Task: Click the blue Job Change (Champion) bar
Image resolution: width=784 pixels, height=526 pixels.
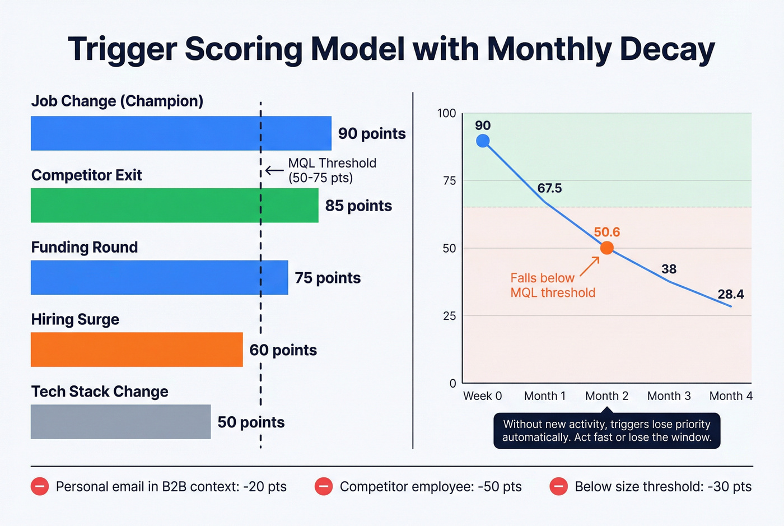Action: coord(180,133)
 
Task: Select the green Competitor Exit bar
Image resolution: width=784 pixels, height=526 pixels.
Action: coord(174,206)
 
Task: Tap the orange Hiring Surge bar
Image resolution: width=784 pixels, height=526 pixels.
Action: coord(137,350)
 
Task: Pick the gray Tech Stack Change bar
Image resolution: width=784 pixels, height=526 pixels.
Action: coord(120,422)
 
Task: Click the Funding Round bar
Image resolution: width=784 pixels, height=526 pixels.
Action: coord(159,278)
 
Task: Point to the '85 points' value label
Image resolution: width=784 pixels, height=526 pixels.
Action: coord(358,206)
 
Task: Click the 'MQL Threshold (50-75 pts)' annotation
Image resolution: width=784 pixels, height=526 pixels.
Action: coord(332,170)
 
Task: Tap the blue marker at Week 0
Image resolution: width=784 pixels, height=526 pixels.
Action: coord(483,141)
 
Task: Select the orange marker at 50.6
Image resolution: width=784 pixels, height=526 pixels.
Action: coord(606,248)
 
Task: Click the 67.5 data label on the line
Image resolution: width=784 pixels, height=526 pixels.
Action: coord(549,188)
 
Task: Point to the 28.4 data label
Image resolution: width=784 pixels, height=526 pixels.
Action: coord(730,295)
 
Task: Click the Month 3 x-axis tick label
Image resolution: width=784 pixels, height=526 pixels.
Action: coord(669,396)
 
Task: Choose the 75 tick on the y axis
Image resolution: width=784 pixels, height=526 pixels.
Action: coord(449,180)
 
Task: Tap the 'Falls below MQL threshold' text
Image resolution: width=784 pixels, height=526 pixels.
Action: coord(552,285)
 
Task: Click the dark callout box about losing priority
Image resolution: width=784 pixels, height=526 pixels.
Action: coord(606,431)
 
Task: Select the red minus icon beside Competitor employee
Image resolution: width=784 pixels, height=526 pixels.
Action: coord(323,486)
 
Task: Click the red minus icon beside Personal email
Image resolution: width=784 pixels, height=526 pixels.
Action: coord(40,486)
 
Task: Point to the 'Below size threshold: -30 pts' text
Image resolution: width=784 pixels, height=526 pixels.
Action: coord(663,486)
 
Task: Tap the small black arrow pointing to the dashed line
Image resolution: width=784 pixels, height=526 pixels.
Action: coord(274,170)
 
